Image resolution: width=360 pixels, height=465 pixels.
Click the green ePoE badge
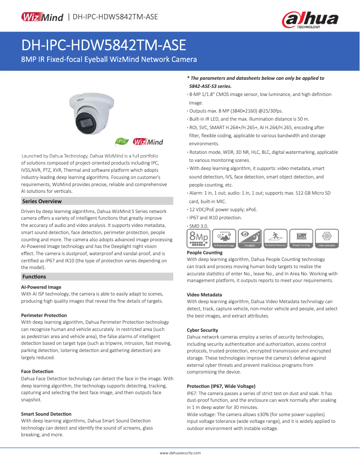pyautogui.click(x=122, y=142)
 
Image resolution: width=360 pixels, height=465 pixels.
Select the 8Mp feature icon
pyautogui.click(x=198, y=239)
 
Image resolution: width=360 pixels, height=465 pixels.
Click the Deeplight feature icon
pyautogui.click(x=250, y=239)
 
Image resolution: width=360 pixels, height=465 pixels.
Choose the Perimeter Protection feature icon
pyautogui.click(x=276, y=239)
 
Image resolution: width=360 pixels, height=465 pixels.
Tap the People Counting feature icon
pyautogui.click(x=301, y=239)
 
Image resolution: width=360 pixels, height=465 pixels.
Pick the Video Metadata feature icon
pyautogui.click(x=327, y=239)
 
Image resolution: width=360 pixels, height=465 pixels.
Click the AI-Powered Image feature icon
pyautogui.click(x=224, y=239)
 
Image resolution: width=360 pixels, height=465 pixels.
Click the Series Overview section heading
pyautogui.click(x=42, y=201)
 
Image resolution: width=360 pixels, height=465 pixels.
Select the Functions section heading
pyautogui.click(x=34, y=277)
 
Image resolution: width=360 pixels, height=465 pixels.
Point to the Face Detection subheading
pyautogui.click(x=37, y=371)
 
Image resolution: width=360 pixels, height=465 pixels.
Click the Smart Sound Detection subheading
pyautogui.click(x=46, y=414)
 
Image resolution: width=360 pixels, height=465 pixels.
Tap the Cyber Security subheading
pyautogui.click(x=202, y=330)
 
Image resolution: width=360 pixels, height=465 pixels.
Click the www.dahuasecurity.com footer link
pyautogui.click(x=180, y=453)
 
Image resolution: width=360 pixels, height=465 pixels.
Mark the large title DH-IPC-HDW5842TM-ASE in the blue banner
pyautogui.click(x=104, y=46)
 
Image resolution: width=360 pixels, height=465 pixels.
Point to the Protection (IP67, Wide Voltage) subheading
pyautogui.click(x=221, y=386)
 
